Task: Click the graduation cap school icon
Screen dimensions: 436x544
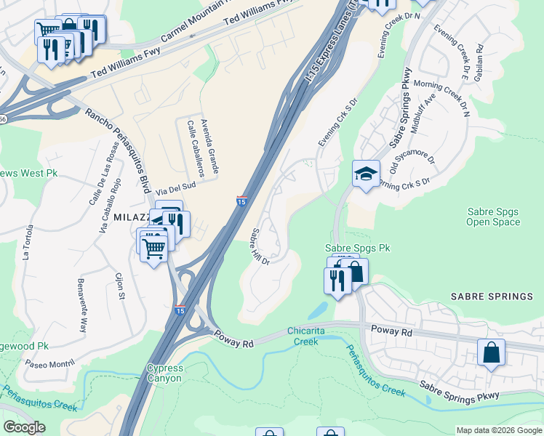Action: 366,174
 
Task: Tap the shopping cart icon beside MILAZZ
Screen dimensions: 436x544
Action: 153,248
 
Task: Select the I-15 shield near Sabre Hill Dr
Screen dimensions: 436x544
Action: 241,201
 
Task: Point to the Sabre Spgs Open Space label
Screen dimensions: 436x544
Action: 493,217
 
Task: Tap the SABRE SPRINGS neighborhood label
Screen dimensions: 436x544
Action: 492,296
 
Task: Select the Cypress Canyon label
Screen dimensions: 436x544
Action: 165,373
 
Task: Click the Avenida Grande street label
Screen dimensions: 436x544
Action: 209,146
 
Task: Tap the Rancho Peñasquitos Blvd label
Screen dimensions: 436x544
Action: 121,145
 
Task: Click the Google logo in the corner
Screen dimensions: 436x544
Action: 24,427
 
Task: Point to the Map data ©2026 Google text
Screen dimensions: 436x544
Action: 498,430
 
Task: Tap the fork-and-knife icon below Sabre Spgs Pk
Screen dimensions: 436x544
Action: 337,280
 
